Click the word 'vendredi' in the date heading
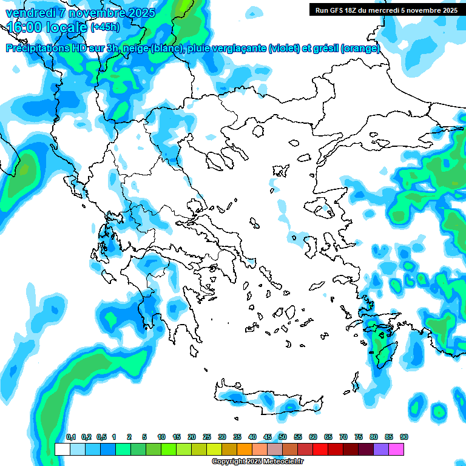[27, 13]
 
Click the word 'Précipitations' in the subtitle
[36, 49]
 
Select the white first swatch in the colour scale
[62, 450]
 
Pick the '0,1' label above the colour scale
[71, 437]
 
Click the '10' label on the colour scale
[161, 437]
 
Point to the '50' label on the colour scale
[283, 437]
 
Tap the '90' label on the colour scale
[404, 437]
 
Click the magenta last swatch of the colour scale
[396, 450]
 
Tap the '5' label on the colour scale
[144, 437]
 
